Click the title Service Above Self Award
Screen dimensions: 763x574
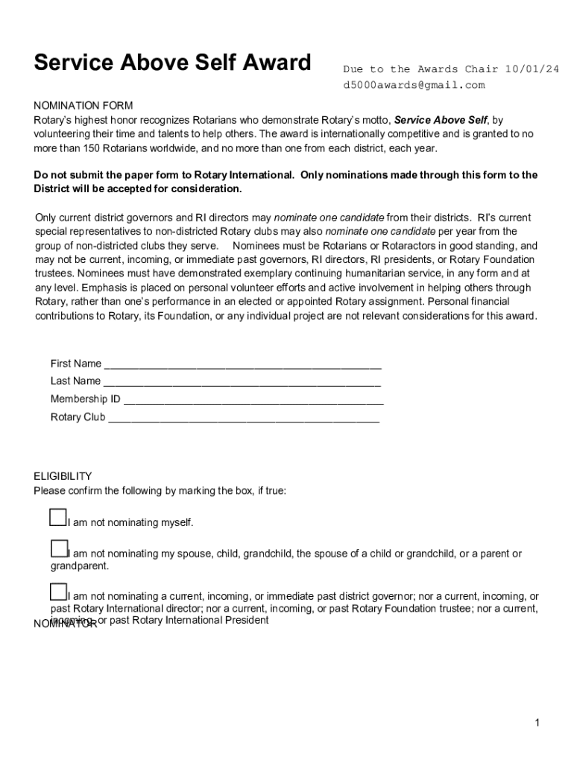pos(172,63)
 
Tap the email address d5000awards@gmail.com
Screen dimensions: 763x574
pos(414,85)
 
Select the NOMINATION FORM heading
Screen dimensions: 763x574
pos(83,106)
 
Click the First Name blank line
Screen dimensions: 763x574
pos(242,366)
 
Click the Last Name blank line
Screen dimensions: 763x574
pos(242,383)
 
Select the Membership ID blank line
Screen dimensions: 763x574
pos(253,401)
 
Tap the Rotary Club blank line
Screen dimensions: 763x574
pos(243,419)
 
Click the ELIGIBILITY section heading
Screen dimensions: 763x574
pos(63,476)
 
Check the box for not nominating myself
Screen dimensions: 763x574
pos(58,517)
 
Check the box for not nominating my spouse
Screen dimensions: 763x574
pos(59,549)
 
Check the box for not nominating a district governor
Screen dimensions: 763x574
pos(59,592)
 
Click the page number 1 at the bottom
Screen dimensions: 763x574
pos(537,723)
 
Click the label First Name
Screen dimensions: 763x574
pos(76,364)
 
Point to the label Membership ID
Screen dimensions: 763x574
pos(85,399)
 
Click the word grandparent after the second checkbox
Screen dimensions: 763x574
pos(79,566)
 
